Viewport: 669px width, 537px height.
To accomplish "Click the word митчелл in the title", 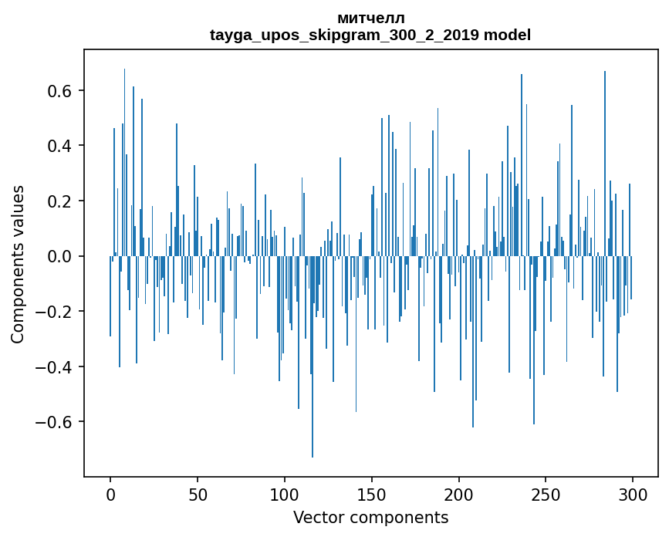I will [370, 18].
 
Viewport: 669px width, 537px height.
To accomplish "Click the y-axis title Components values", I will [18, 264].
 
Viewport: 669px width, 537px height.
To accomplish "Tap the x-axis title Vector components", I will [370, 517].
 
